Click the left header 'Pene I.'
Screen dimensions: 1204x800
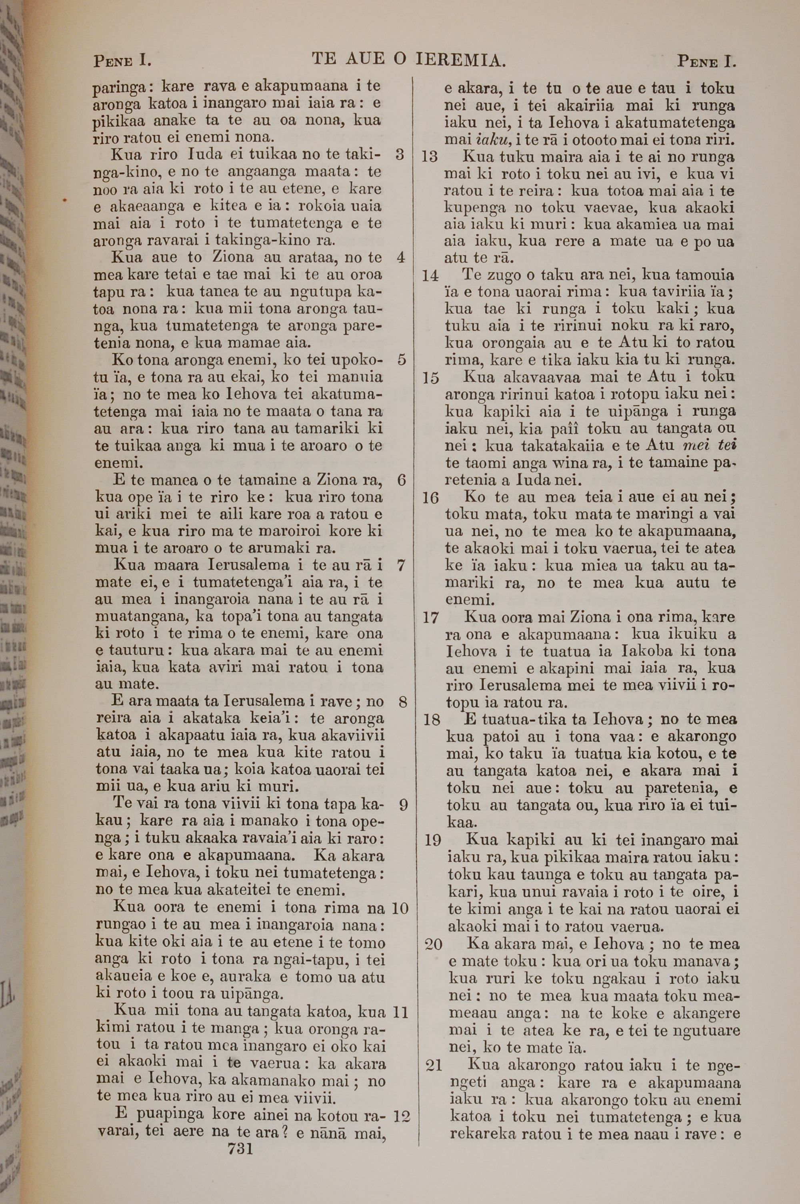click(122, 61)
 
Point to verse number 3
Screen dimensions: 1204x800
click(400, 154)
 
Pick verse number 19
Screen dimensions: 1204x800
click(432, 840)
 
